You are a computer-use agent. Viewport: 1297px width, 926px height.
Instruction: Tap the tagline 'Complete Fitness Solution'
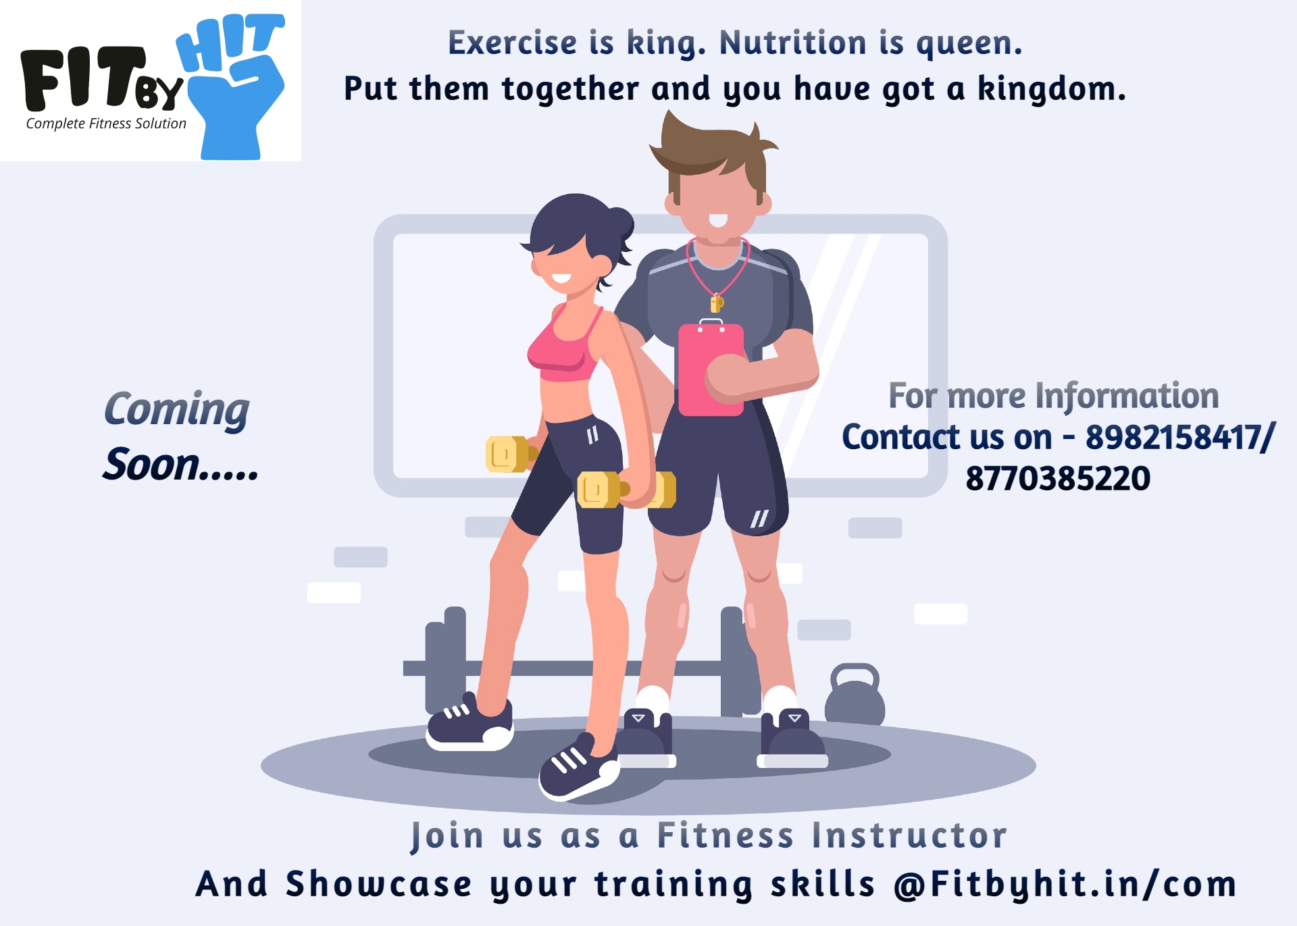pyautogui.click(x=106, y=124)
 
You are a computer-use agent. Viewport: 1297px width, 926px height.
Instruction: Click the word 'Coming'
pyautogui.click(x=176, y=410)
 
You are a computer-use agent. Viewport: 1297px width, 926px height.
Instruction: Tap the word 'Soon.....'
pyautogui.click(x=180, y=465)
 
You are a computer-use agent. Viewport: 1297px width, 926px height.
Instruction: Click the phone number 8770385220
pyautogui.click(x=1058, y=479)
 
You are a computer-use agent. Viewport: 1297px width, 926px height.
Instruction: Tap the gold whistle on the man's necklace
pyautogui.click(x=717, y=303)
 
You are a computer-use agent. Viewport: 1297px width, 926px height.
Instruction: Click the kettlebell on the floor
pyautogui.click(x=855, y=695)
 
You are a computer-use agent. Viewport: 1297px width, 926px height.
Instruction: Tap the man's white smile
pyautogui.click(x=718, y=220)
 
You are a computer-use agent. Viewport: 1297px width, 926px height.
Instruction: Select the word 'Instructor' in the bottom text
pyautogui.click(x=909, y=835)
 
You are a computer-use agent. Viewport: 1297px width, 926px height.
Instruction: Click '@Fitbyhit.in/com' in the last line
pyautogui.click(x=1065, y=884)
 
